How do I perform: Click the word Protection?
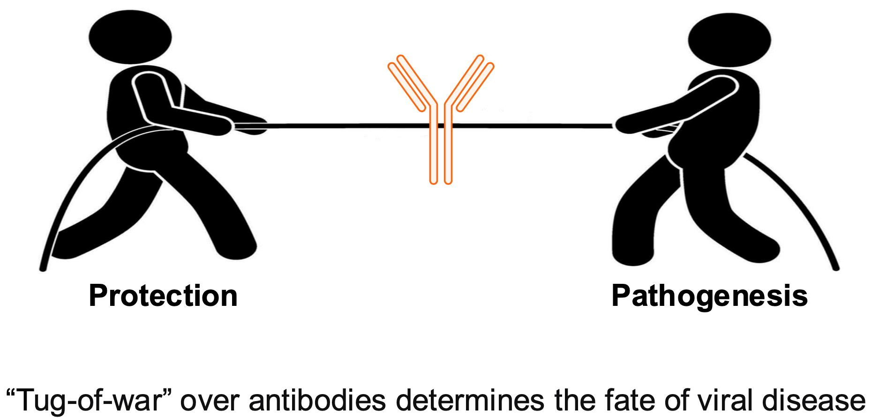(x=163, y=296)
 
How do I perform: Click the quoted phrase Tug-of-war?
(x=87, y=397)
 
